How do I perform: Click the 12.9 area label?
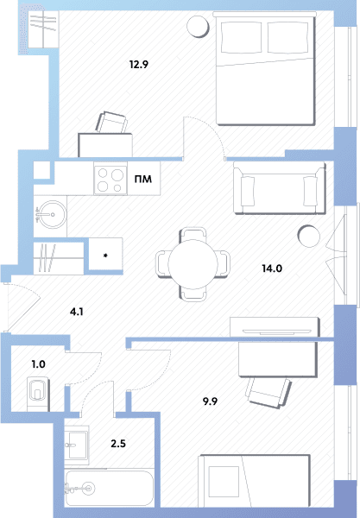click(x=139, y=65)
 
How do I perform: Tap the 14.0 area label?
click(x=272, y=268)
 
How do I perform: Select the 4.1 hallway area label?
click(x=76, y=312)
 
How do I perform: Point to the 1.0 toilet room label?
click(x=38, y=364)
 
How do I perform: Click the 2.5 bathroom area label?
click(x=118, y=444)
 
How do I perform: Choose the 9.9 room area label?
click(x=210, y=401)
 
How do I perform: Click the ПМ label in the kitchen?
click(x=143, y=180)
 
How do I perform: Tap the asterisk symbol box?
click(x=105, y=255)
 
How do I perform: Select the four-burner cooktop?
click(x=111, y=179)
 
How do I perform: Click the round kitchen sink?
click(x=51, y=214)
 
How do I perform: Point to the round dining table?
click(x=193, y=264)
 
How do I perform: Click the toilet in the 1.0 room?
click(x=38, y=393)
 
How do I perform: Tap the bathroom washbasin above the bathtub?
click(x=76, y=445)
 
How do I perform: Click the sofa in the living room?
click(x=280, y=187)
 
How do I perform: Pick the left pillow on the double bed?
click(x=241, y=37)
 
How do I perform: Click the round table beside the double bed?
click(x=198, y=26)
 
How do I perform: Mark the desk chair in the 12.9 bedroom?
click(x=111, y=123)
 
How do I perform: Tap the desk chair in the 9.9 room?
click(x=269, y=391)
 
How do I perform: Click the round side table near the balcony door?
click(x=308, y=236)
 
